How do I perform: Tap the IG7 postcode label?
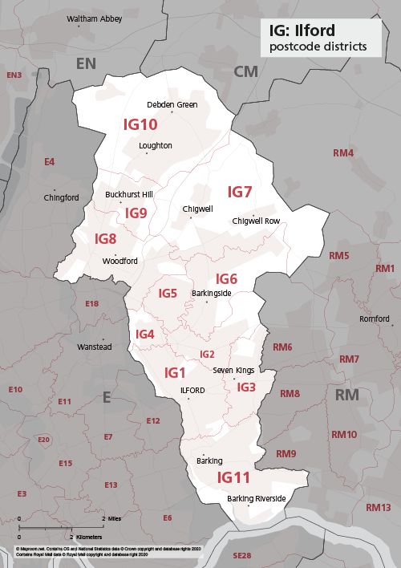click(240, 192)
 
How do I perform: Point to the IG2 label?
click(207, 354)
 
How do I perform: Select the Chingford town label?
click(62, 197)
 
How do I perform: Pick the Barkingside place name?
click(211, 294)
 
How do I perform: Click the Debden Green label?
click(172, 104)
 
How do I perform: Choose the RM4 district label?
click(342, 152)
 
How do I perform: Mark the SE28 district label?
click(241, 555)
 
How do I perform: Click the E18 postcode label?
click(91, 303)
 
